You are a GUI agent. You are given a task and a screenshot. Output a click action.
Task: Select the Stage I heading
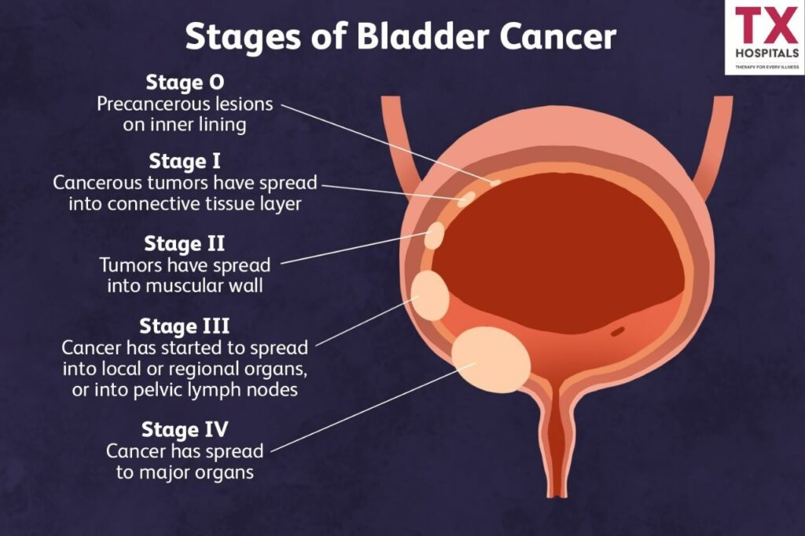[x=185, y=162]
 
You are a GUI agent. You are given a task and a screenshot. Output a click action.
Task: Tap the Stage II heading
[x=185, y=244]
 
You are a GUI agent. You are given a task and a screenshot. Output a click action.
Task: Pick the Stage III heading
[x=184, y=325]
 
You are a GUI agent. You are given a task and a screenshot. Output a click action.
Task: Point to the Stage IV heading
[x=185, y=430]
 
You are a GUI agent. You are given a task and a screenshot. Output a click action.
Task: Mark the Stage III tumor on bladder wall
[x=430, y=295]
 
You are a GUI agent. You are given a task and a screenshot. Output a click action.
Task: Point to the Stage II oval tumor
[x=435, y=235]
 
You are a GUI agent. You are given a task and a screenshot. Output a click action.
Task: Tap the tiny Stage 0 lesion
[x=494, y=183]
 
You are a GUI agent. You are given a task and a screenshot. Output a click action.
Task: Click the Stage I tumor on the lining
[x=466, y=198]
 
